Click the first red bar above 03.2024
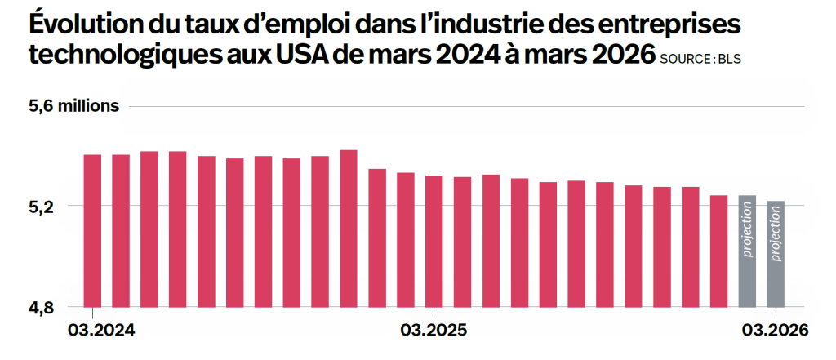(92, 231)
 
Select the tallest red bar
(348, 229)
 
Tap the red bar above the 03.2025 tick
(434, 242)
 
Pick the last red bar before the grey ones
(718, 251)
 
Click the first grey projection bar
(747, 251)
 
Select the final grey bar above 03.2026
(776, 255)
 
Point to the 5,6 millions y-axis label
(73, 106)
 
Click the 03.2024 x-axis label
(102, 330)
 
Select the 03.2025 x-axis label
(434, 330)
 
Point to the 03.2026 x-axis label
(776, 330)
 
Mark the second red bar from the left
(121, 231)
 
